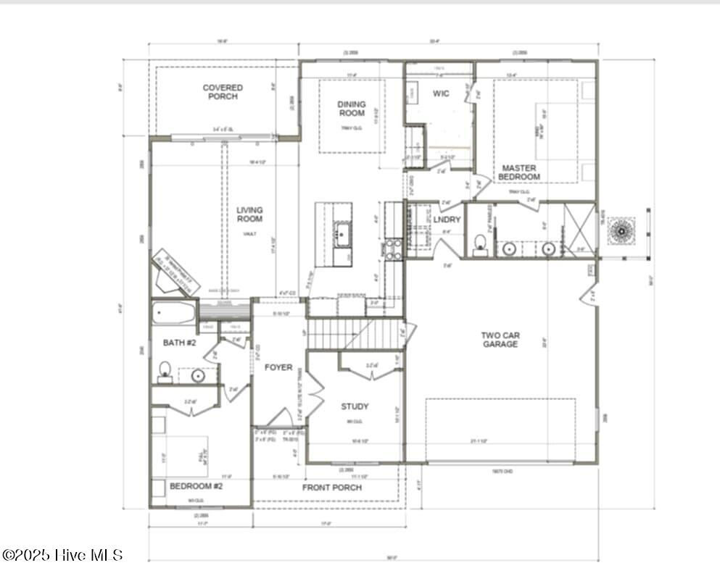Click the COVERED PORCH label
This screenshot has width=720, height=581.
click(223, 92)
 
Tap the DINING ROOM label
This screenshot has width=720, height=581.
click(352, 109)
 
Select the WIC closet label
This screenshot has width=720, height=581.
click(441, 93)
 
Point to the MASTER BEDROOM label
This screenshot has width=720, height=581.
click(519, 172)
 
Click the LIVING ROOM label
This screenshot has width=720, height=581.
click(249, 214)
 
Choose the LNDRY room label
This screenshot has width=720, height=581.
click(447, 220)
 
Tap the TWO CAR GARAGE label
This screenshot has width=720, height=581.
click(500, 340)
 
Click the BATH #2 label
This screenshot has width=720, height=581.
click(179, 343)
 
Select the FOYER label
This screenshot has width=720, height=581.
click(278, 367)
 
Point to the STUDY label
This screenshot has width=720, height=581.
click(355, 406)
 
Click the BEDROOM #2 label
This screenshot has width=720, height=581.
click(196, 486)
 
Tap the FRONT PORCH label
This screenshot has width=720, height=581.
click(331, 488)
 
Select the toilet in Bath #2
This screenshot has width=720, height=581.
click(165, 371)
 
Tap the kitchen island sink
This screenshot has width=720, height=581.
click(342, 233)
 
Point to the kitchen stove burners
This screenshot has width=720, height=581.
click(392, 249)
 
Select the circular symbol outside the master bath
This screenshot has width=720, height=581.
click(621, 231)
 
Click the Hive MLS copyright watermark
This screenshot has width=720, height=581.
click(62, 555)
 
